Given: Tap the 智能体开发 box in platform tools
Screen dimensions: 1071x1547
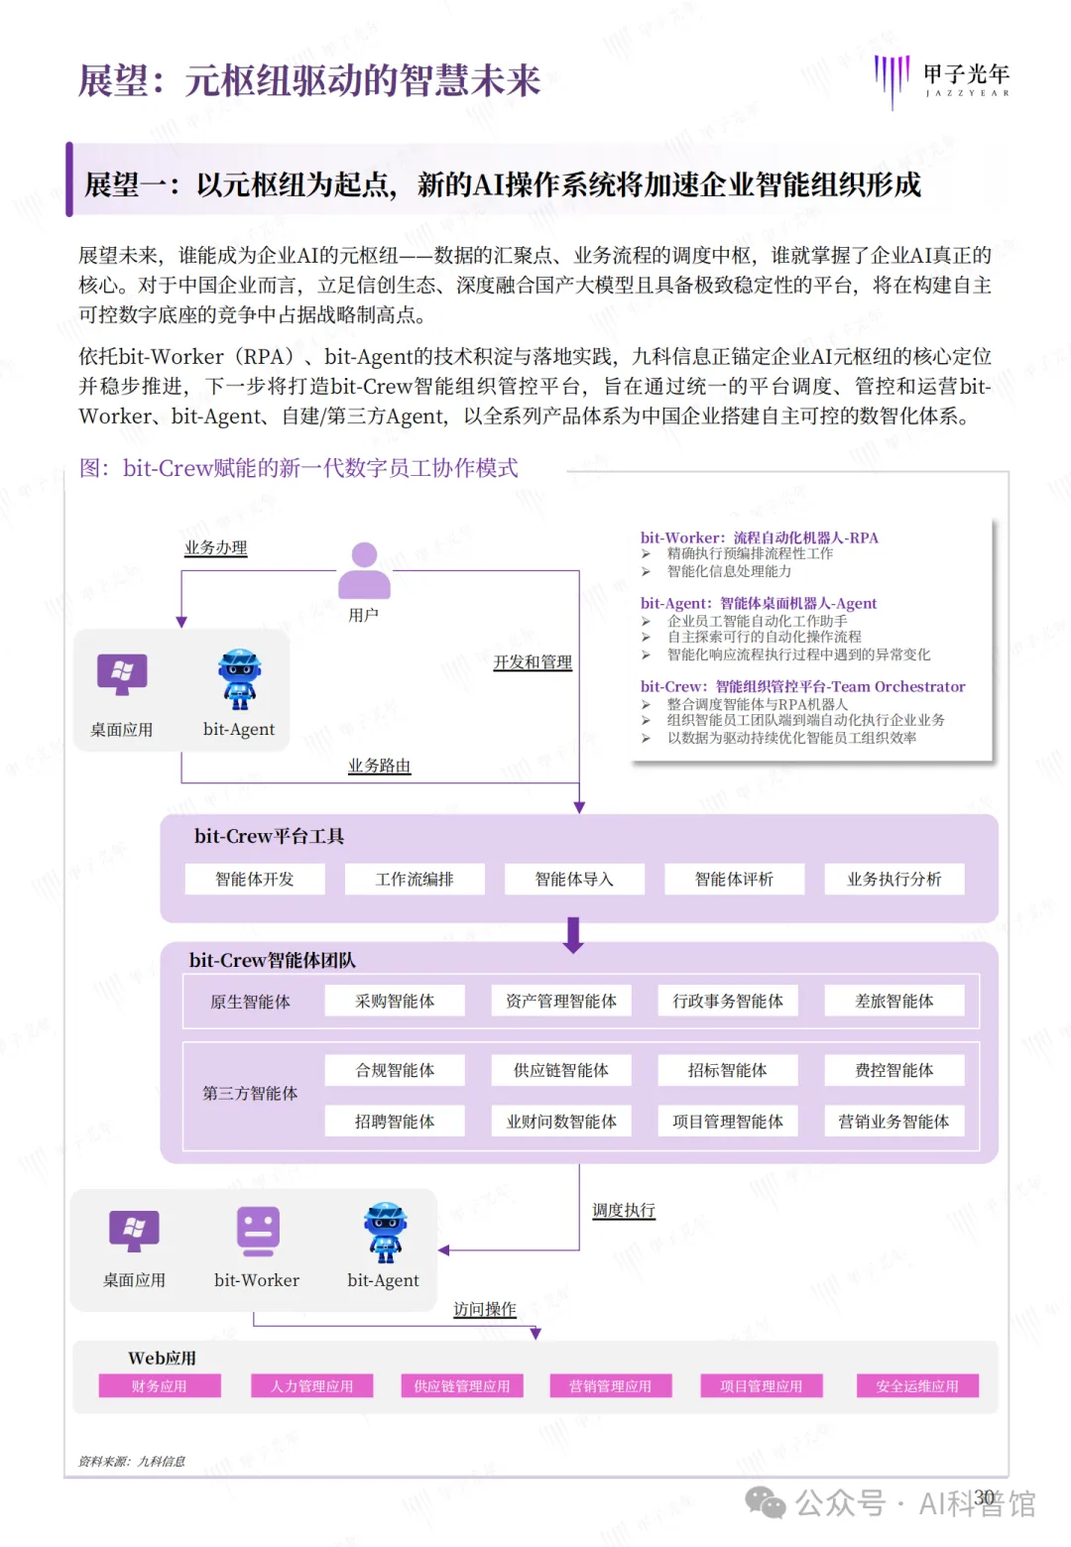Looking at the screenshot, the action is pos(255,880).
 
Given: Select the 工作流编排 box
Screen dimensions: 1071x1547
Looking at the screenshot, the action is pos(415,880).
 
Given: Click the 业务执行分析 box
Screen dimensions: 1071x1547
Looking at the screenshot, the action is pos(893,880).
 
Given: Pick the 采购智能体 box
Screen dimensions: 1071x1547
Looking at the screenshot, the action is pos(395,1002).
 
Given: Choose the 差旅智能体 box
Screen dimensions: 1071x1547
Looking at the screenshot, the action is pos(893,1002).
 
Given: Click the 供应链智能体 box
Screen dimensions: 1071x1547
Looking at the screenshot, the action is pos(561,1071).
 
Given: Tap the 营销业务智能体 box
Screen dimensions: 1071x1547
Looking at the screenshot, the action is pos(893,1122).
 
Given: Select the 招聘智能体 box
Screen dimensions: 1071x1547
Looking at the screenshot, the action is pos(395,1122).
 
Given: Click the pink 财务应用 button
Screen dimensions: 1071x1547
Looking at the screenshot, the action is pos(160,1386).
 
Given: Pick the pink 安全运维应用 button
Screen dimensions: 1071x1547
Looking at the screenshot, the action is pos(917,1386).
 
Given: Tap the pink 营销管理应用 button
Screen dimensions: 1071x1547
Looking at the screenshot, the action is pos(610,1386).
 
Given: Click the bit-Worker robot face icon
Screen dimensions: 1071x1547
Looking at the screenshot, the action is pos(258,1232).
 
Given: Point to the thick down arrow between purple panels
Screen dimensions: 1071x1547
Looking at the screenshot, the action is pos(573,935).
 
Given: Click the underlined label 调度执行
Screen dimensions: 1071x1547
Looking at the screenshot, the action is pos(624,1211).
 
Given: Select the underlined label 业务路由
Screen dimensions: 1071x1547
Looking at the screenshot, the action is pos(379,766).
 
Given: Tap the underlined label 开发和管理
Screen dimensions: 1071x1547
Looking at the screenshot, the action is pos(533,662).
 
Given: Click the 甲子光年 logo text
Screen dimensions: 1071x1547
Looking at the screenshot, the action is pos(966,74).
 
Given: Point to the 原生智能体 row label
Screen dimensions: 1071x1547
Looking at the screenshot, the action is pos(250,1002).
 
